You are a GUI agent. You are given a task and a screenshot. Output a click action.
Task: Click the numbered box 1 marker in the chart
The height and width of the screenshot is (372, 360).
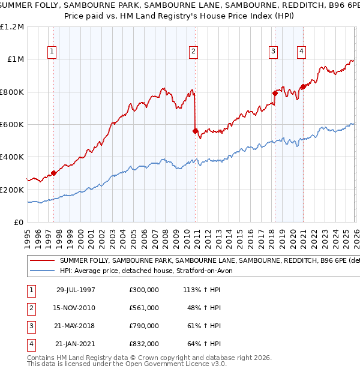pyautogui.click(x=53, y=52)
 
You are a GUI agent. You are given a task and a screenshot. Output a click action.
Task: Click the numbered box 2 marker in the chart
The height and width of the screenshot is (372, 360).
pyautogui.click(x=194, y=52)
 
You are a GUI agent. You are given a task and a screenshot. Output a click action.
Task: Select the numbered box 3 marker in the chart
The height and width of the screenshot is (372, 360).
pyautogui.click(x=273, y=52)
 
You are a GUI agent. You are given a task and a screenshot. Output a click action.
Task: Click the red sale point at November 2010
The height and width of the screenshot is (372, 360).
pyautogui.click(x=195, y=131)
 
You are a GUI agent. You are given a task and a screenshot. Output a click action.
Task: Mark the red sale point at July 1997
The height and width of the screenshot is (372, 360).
pyautogui.click(x=54, y=173)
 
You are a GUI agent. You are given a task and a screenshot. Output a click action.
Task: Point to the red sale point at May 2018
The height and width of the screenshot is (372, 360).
pyautogui.click(x=275, y=93)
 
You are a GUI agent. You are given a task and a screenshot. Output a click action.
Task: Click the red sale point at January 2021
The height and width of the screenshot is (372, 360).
pyautogui.click(x=303, y=86)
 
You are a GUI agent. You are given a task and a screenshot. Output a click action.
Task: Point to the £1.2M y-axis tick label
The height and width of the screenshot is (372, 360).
pyautogui.click(x=12, y=27)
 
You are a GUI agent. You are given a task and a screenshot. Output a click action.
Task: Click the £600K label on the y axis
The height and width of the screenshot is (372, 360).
pyautogui.click(x=12, y=125)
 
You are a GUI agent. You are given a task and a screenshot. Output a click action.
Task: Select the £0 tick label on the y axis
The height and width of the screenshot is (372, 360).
pyautogui.click(x=19, y=222)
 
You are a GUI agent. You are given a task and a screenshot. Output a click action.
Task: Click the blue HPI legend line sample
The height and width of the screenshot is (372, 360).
pyautogui.click(x=41, y=271)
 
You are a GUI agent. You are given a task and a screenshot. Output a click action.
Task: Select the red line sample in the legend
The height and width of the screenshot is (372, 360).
pyautogui.click(x=41, y=261)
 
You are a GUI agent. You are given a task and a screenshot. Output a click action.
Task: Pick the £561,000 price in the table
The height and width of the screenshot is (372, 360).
pyautogui.click(x=143, y=308)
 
